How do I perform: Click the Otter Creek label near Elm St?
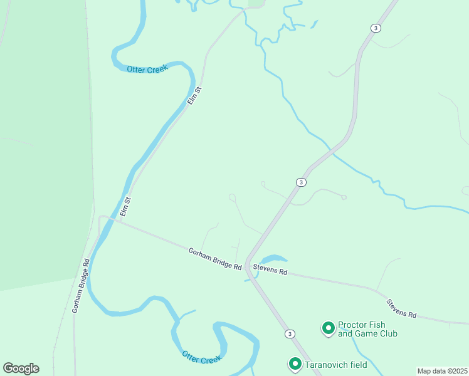[148, 70]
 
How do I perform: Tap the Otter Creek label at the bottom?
[202, 357]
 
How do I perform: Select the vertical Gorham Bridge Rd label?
[81, 286]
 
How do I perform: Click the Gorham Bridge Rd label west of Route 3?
[215, 259]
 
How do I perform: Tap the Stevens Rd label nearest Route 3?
[270, 270]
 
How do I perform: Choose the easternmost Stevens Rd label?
[401, 308]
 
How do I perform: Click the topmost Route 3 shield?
[375, 28]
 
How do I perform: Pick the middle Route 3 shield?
[301, 182]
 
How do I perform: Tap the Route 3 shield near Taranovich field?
[289, 333]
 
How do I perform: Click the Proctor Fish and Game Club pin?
[327, 328]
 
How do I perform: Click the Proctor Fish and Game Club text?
[367, 329]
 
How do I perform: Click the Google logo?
[21, 368]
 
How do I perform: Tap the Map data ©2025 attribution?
[443, 371]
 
